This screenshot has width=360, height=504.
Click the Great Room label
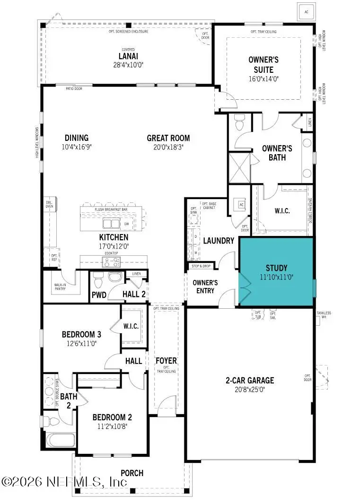[168, 138]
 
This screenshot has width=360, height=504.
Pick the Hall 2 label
[134, 294]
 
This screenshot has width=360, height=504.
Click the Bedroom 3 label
[81, 334]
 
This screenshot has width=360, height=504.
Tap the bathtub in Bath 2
[59, 441]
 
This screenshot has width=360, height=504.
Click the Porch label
[132, 473]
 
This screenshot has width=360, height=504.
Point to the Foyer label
[166, 361]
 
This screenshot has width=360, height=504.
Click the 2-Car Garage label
[249, 380]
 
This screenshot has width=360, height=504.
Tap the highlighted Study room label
[276, 268]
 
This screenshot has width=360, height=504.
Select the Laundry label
[219, 241]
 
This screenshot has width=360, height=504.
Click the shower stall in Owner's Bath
[239, 167]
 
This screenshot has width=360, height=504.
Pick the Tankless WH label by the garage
[324, 315]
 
